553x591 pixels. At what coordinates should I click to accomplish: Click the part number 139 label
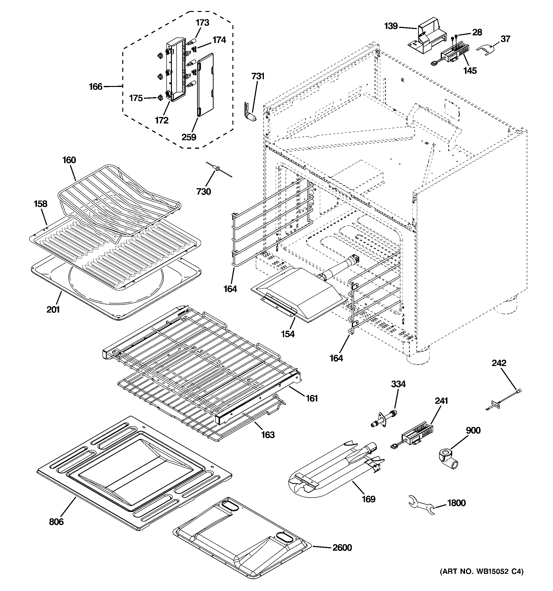pos(391,26)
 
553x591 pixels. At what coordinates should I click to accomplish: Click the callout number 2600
pos(342,547)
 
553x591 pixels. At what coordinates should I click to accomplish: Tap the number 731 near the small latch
pos(258,76)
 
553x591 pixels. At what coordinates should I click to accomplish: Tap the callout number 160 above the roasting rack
pos(69,160)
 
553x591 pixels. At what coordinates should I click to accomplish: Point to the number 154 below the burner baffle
pos(288,334)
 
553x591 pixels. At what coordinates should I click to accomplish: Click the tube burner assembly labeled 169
pos(333,471)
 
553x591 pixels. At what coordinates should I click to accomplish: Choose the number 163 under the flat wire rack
pos(267,435)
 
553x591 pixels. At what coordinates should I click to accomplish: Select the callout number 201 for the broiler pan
pos(53,309)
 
